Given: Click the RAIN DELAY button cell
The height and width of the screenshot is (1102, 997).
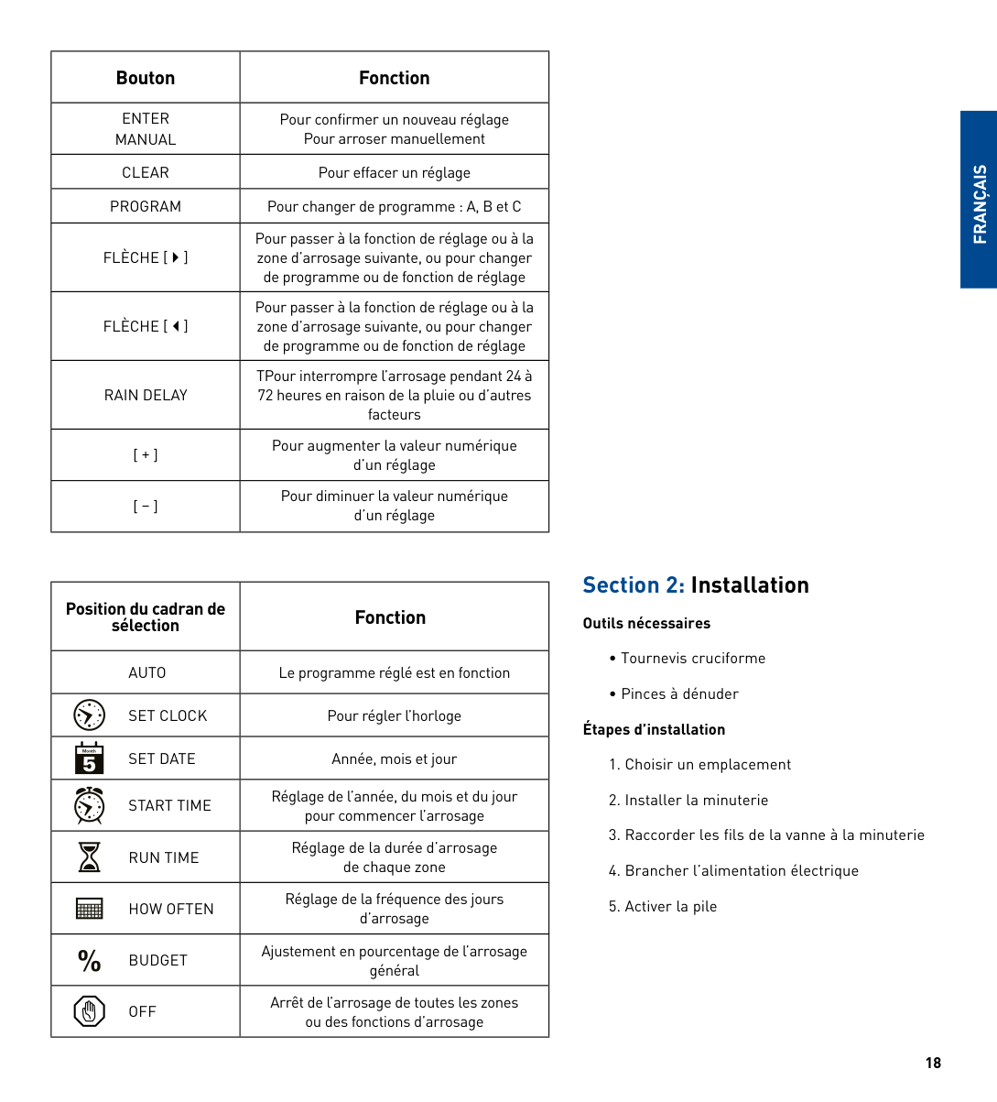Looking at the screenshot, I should [x=146, y=395].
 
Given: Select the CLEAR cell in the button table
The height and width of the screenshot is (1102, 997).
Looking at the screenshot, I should [x=146, y=172].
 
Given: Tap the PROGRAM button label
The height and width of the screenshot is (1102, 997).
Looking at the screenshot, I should [x=146, y=206].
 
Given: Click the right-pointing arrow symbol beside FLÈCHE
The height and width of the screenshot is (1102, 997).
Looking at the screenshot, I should [x=176, y=257].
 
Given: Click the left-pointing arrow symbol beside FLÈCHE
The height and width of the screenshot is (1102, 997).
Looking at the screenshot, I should [x=176, y=326].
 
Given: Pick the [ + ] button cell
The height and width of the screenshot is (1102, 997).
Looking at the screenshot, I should [x=146, y=454].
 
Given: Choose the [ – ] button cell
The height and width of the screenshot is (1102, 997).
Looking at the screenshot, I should [x=146, y=506].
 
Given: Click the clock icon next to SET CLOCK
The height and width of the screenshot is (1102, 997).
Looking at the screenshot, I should [x=89, y=715].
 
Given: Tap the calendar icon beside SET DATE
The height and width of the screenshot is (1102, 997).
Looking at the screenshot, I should [x=89, y=758].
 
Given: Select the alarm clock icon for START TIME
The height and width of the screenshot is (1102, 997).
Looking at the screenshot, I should [x=89, y=805].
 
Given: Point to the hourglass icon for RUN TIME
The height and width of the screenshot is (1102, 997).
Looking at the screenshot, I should [x=89, y=857].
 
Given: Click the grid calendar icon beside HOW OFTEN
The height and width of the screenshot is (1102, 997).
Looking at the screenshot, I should [x=89, y=909].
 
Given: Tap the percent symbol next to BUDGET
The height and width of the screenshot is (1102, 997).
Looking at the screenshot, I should [x=89, y=960].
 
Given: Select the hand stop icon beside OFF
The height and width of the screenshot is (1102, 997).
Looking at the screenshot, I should [x=89, y=1011].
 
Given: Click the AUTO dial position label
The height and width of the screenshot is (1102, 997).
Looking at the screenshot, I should [x=146, y=672].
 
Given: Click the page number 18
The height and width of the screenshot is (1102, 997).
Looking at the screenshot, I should [x=933, y=1063].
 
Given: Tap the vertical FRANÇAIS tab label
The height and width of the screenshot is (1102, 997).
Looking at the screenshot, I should [x=980, y=203].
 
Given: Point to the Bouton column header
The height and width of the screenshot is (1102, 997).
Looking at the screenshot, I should [x=146, y=78].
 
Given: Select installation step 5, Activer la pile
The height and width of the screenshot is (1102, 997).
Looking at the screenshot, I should [x=663, y=906].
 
